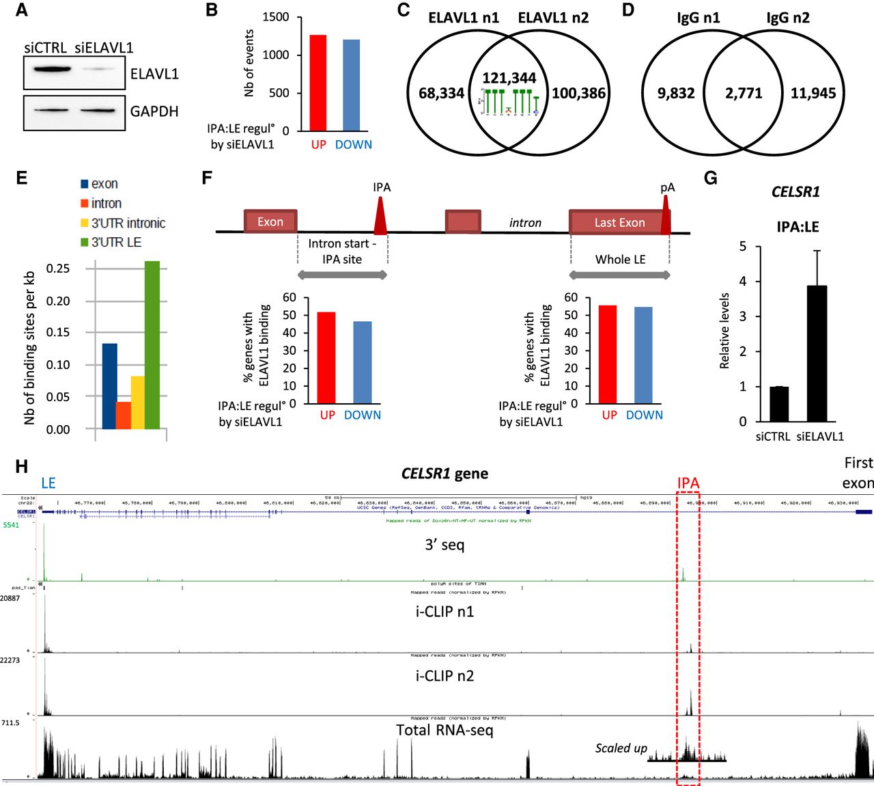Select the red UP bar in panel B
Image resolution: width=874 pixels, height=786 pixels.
point(318,83)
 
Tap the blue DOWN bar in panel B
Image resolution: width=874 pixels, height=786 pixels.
point(351,85)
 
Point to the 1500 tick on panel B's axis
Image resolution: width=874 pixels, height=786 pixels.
point(276,17)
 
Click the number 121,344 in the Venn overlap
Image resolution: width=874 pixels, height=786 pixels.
point(509,78)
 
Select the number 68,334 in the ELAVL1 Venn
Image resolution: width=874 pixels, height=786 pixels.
point(441,93)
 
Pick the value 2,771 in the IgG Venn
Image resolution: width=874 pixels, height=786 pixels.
point(744,93)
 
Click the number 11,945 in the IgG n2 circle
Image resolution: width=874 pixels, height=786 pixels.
point(813,93)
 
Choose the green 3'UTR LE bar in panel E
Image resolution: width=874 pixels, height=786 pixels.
point(152,345)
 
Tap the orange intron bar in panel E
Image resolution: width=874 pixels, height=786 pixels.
point(124,416)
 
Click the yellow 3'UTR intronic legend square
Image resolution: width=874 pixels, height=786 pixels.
point(85,223)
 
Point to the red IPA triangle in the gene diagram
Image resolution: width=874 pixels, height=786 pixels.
point(380,217)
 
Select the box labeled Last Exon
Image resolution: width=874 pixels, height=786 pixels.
point(619,222)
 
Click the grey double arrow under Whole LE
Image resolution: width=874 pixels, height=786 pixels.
point(620,275)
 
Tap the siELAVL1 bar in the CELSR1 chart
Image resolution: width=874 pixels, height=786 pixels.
point(817,353)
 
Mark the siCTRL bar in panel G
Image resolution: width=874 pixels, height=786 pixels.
point(779,404)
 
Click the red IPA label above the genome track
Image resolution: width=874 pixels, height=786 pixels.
point(688,483)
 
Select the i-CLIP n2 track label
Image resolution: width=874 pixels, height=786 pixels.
point(445,676)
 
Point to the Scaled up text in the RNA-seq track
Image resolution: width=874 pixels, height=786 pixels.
point(621,748)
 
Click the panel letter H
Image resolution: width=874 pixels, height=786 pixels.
point(22,467)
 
